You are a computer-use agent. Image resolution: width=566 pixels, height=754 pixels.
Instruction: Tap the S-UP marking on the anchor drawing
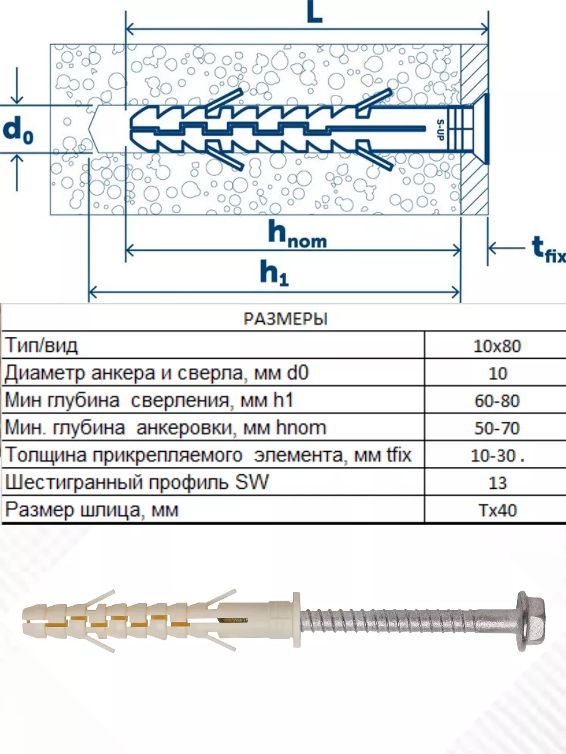coord(440,130)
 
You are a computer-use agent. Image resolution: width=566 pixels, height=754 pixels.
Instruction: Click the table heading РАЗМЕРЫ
coord(286,319)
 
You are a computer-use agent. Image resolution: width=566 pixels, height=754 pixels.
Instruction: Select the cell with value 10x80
coord(497,346)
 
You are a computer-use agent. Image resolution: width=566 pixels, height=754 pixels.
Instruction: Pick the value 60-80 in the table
coord(497,400)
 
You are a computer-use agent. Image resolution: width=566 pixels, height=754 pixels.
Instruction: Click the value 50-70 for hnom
coord(497,428)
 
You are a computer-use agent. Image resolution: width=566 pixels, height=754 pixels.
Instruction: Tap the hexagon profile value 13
coord(497,483)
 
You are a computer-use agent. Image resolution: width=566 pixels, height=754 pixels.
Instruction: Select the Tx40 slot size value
coord(497,510)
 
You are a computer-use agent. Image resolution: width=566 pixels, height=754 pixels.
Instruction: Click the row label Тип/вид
coord(42,346)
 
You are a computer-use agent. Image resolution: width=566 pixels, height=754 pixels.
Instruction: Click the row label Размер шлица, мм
coord(91,510)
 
